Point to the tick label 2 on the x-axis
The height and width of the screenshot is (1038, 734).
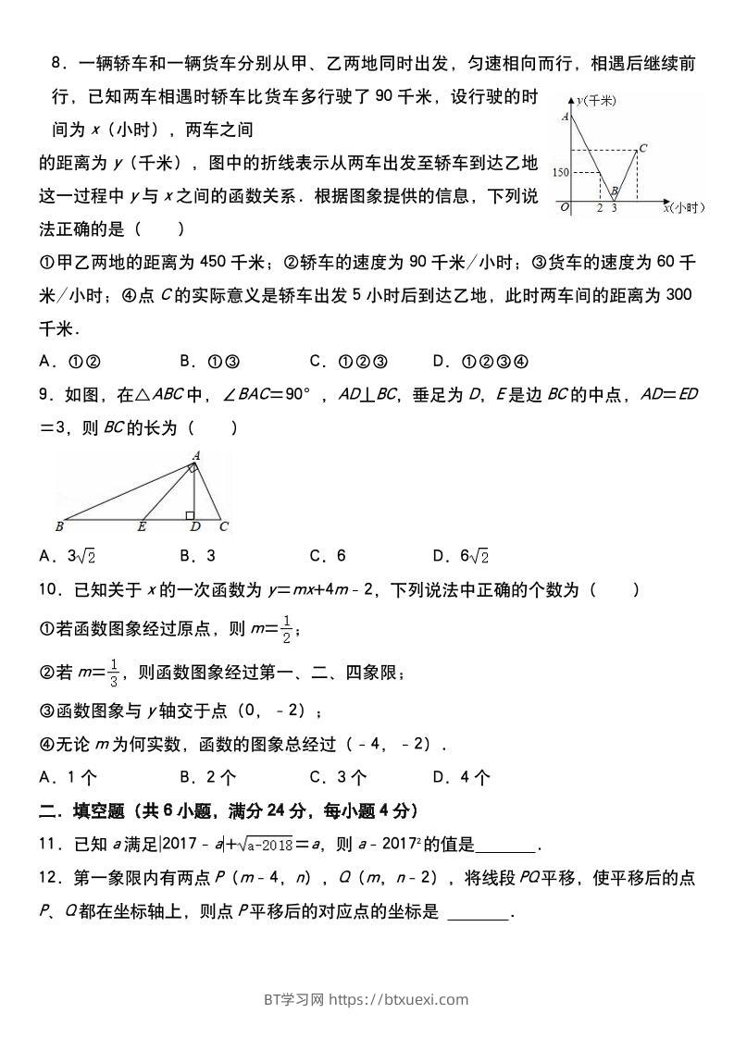(600, 209)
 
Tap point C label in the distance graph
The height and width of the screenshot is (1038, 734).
(642, 147)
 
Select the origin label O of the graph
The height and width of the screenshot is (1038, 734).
(565, 208)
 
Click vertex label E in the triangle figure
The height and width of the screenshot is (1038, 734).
(142, 527)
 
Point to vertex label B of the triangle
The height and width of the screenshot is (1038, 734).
(59, 527)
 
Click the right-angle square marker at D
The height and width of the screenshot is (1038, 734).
(189, 513)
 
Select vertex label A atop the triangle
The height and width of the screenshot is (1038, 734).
(195, 454)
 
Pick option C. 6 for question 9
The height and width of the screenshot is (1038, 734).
(328, 555)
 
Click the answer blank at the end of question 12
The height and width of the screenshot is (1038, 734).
(478, 912)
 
